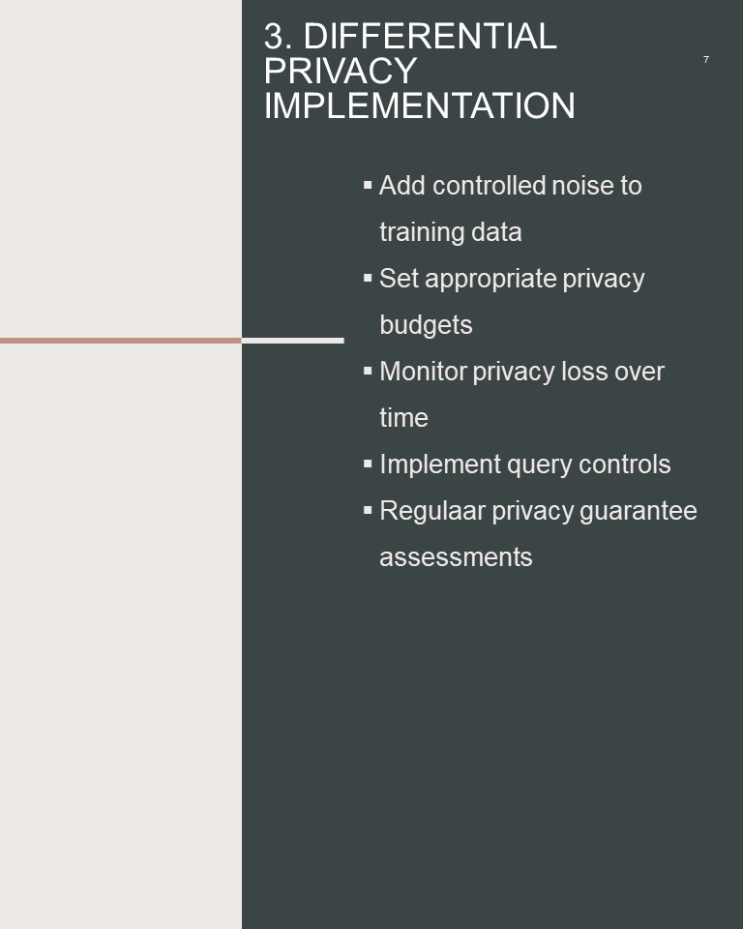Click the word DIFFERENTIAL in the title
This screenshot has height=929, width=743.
(431, 36)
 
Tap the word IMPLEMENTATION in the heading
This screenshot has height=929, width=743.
(420, 105)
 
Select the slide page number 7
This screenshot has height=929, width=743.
(705, 59)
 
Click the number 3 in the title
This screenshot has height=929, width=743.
(274, 36)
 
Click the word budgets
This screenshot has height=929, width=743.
(426, 325)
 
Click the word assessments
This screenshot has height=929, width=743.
(456, 557)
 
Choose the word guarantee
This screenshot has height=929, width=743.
(639, 512)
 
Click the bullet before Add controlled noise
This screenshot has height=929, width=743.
(368, 186)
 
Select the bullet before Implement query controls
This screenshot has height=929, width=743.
(368, 464)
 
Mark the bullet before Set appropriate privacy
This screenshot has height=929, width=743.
(368, 278)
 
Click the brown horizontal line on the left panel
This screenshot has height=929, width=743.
(121, 341)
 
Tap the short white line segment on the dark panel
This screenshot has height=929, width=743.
(293, 341)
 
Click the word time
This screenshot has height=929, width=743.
(403, 418)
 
